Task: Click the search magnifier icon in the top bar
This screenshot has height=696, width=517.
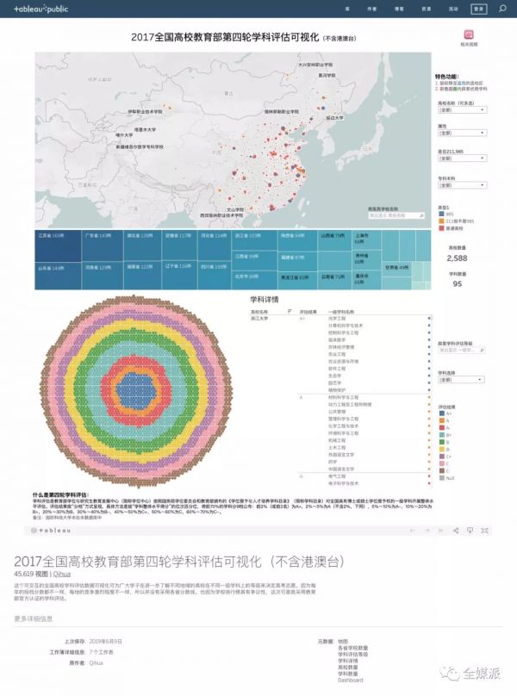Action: [503, 9]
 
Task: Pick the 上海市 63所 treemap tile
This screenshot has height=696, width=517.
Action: [362, 234]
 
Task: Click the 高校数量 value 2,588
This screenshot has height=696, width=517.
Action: [458, 258]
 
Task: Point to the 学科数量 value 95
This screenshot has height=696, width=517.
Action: [458, 283]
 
